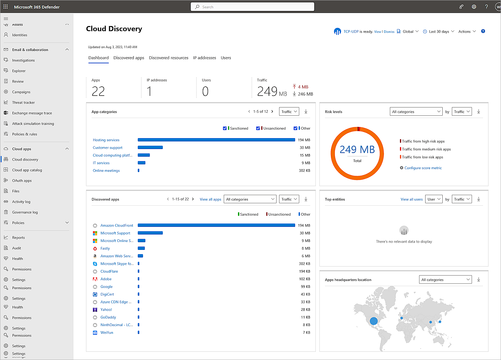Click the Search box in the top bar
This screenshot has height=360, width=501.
[x=252, y=7]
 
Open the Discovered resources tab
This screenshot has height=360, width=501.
[x=168, y=58]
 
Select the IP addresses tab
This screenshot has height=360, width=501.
[x=204, y=58]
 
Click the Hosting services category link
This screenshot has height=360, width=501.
[x=106, y=140]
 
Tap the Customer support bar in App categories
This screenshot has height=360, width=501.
[x=150, y=148]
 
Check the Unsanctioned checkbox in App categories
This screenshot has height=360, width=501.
[x=258, y=128]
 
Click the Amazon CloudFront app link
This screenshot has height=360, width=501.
[x=117, y=225]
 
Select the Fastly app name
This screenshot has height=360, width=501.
[x=105, y=249]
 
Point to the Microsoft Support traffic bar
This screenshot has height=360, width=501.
[x=150, y=233]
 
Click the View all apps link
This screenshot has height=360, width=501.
[x=210, y=199]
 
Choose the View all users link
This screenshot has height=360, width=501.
[x=411, y=199]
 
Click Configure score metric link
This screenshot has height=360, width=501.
[x=423, y=168]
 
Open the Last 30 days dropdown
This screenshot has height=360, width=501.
[x=439, y=32]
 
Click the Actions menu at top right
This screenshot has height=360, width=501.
[x=467, y=32]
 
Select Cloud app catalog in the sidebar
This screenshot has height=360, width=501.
[x=27, y=170]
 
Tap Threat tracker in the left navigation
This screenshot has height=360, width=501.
[x=23, y=103]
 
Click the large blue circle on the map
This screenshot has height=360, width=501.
[x=373, y=321]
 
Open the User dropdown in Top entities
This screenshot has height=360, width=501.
[x=433, y=199]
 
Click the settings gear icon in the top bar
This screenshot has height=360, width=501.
[x=474, y=7]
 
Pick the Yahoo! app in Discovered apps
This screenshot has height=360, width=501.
[x=106, y=310]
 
